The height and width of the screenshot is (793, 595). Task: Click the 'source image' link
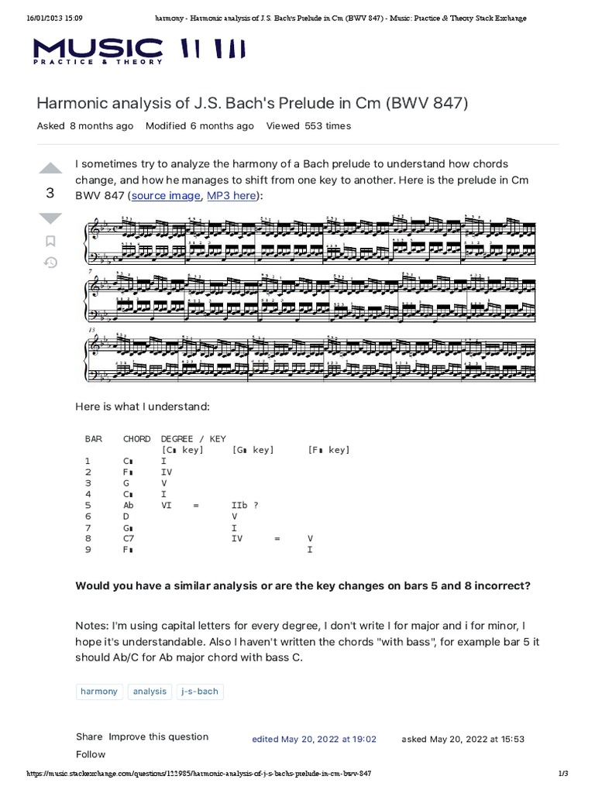pyautogui.click(x=165, y=196)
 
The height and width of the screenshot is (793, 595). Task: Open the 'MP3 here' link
pyautogui.click(x=231, y=196)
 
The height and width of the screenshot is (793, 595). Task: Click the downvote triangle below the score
pyautogui.click(x=50, y=218)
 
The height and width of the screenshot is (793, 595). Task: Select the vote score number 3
pyautogui.click(x=50, y=194)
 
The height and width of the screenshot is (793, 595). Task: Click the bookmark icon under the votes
pyautogui.click(x=50, y=242)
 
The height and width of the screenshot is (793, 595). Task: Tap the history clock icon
pyautogui.click(x=50, y=263)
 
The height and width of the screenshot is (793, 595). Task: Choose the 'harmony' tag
pyautogui.click(x=99, y=691)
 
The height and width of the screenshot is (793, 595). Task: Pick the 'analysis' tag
pyautogui.click(x=150, y=691)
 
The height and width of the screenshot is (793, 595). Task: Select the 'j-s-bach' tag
pyautogui.click(x=200, y=691)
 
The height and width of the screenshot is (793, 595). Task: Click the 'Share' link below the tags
pyautogui.click(x=89, y=736)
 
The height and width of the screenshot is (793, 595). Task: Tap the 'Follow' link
pyautogui.click(x=91, y=754)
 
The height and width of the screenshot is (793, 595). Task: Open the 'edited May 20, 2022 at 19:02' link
pyautogui.click(x=314, y=739)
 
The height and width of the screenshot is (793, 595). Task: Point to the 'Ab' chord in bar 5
pyautogui.click(x=129, y=505)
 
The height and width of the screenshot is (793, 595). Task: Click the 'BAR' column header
pyautogui.click(x=93, y=438)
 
